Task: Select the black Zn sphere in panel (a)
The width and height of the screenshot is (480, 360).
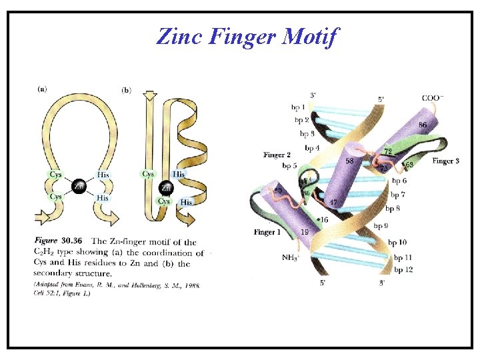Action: (79, 186)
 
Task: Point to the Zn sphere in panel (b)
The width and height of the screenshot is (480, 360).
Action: (167, 187)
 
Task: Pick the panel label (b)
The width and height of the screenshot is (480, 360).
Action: (127, 89)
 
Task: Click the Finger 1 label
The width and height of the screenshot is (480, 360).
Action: (267, 232)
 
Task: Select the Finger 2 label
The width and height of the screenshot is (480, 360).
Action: (277, 155)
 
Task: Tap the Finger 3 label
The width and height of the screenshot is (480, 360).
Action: (445, 161)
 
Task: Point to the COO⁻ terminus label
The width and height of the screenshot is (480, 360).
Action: (433, 98)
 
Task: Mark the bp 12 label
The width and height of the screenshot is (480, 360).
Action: (403, 269)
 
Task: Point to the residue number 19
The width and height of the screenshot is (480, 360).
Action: (304, 233)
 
